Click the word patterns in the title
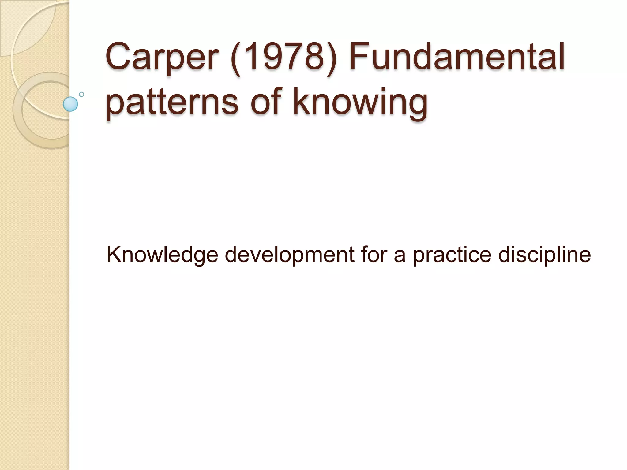point(172,101)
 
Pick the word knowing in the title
point(360,101)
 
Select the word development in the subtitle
point(289,255)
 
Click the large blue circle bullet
point(70,104)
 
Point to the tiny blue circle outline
point(81,94)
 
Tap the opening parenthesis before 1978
point(236,58)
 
